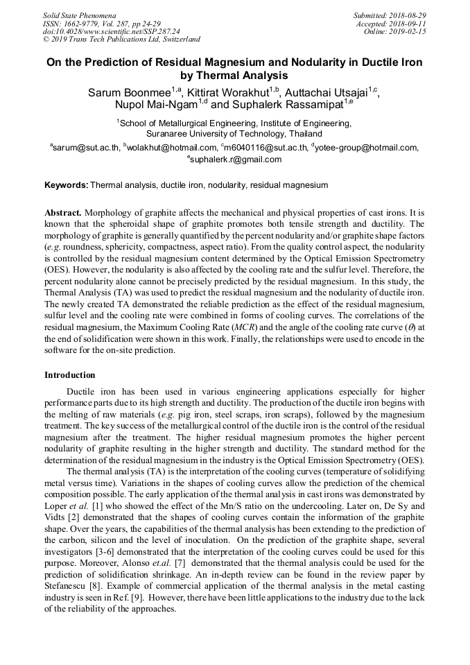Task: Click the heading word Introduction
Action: pyautogui.click(x=70, y=375)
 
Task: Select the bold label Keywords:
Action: pyautogui.click(x=67, y=186)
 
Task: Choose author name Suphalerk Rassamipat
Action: pyautogui.click(x=284, y=105)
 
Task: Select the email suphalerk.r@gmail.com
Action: pyautogui.click(x=236, y=159)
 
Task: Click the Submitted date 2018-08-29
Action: pyautogui.click(x=407, y=15)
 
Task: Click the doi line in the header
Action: pyautogui.click(x=111, y=31)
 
